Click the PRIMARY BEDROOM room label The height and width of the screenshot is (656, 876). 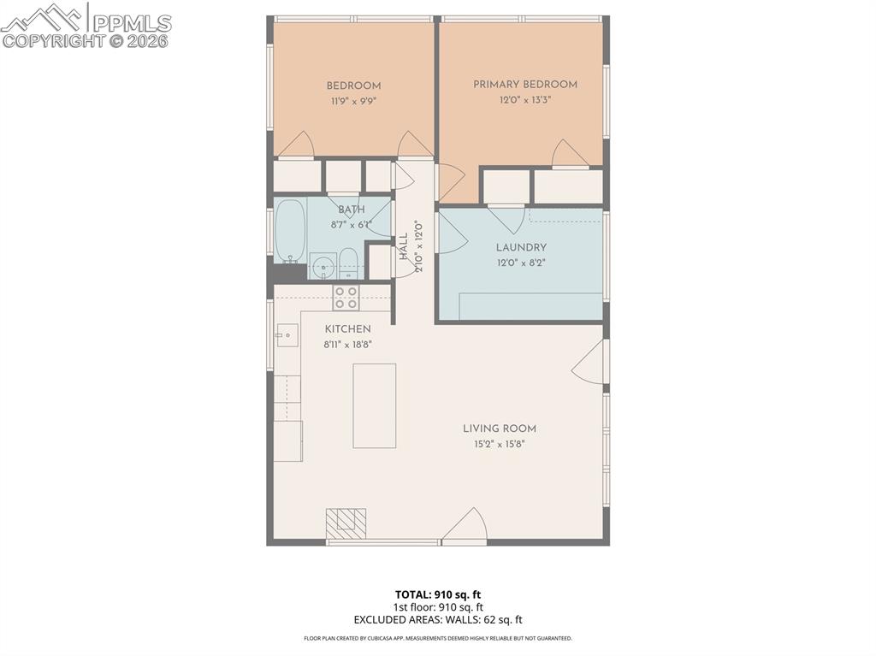[x=525, y=85]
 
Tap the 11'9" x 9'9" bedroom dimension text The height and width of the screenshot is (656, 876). [x=353, y=100]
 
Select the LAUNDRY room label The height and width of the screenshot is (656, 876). [x=521, y=248]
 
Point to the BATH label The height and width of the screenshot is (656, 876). [x=351, y=210]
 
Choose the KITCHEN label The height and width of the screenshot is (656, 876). [x=347, y=329]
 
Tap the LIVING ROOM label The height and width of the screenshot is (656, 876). [x=500, y=428]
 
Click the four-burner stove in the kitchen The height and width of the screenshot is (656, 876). [x=346, y=298]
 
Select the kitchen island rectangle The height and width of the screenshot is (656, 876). [x=375, y=405]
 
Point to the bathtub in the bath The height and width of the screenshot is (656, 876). [x=291, y=231]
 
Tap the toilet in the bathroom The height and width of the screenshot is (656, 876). [x=349, y=263]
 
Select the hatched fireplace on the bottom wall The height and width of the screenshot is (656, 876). [x=346, y=523]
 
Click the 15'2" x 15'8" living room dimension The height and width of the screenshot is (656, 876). [x=500, y=444]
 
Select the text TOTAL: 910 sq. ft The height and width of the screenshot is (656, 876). [x=437, y=594]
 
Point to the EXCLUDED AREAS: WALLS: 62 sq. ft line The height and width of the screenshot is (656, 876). [x=437, y=620]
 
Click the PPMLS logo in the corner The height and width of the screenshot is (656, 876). [x=86, y=26]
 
